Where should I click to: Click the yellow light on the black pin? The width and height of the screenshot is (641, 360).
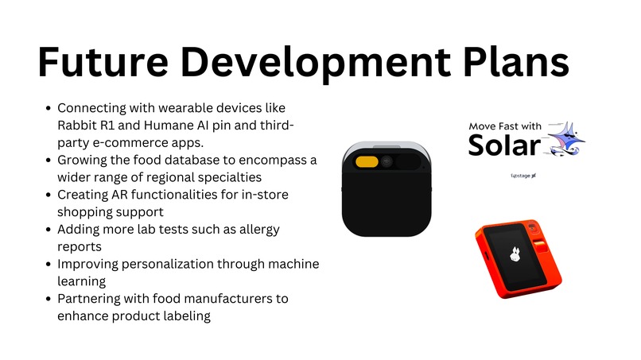pos(367,161)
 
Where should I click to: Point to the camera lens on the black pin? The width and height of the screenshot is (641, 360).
pos(387,161)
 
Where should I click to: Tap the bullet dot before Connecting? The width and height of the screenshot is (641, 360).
pos(50,108)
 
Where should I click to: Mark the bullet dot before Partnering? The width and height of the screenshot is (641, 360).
pos(50,299)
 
